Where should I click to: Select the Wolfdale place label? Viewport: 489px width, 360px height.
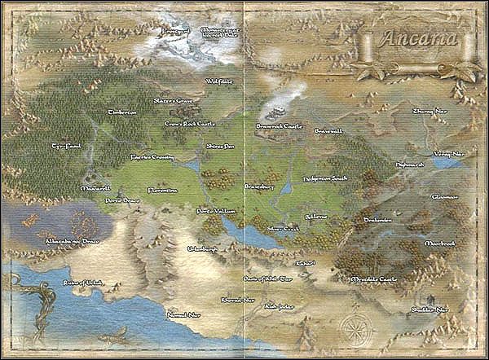[219, 81]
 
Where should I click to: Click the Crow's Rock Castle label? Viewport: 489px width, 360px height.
[189, 124]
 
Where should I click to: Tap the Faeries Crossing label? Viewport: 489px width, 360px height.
[152, 156]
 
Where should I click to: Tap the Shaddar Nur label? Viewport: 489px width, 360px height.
[430, 309]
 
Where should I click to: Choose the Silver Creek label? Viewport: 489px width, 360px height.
[283, 229]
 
